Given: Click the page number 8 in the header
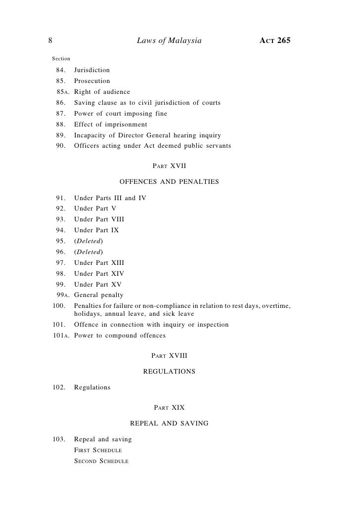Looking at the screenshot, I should coord(50,40).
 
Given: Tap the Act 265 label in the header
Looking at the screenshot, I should coord(274,40).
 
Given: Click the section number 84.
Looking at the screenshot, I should coord(60,70).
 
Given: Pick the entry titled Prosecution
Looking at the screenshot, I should coord(92,81).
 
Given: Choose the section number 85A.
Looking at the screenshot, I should coord(62,92).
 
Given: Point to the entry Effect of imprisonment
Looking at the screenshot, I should coord(111,125).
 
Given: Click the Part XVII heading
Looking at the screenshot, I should coord(169,166).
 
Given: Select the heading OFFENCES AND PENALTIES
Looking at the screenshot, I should coord(169,182).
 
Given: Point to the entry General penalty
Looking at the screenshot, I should coord(98,296).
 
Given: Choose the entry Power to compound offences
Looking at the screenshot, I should coord(120,336).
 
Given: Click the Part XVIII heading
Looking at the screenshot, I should coord(169,355).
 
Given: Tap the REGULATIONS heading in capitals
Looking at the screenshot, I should coord(169,371).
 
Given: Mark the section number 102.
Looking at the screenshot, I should coord(59,387).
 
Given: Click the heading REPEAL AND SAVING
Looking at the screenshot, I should coord(169,423).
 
